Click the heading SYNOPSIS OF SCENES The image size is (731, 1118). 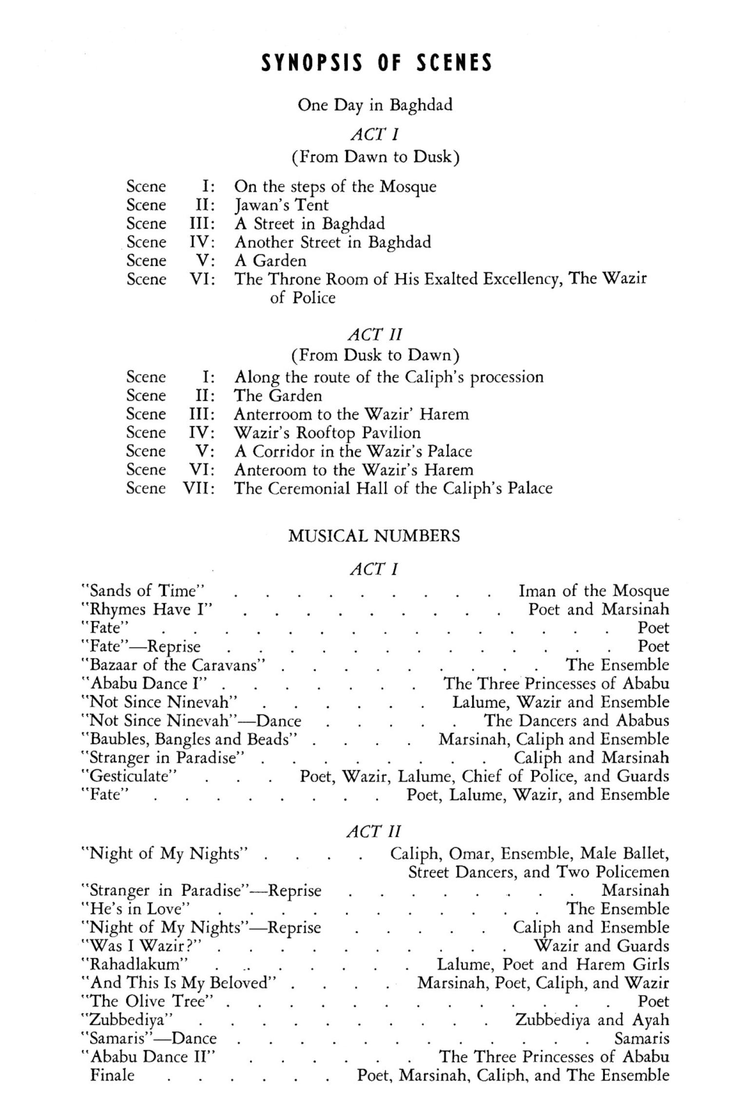376,63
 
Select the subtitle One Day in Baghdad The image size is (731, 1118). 375,105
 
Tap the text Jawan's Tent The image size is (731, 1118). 282,205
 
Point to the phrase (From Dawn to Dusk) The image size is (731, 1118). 375,157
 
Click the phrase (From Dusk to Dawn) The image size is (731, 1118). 375,355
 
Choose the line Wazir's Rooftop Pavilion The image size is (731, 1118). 327,432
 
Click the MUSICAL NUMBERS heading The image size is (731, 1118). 374,536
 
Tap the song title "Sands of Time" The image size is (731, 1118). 142,591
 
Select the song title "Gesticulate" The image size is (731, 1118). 129,776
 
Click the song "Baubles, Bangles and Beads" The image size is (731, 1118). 190,739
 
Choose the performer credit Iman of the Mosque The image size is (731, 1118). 594,591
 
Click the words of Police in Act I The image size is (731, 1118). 303,297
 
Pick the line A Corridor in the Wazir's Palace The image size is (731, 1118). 353,451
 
